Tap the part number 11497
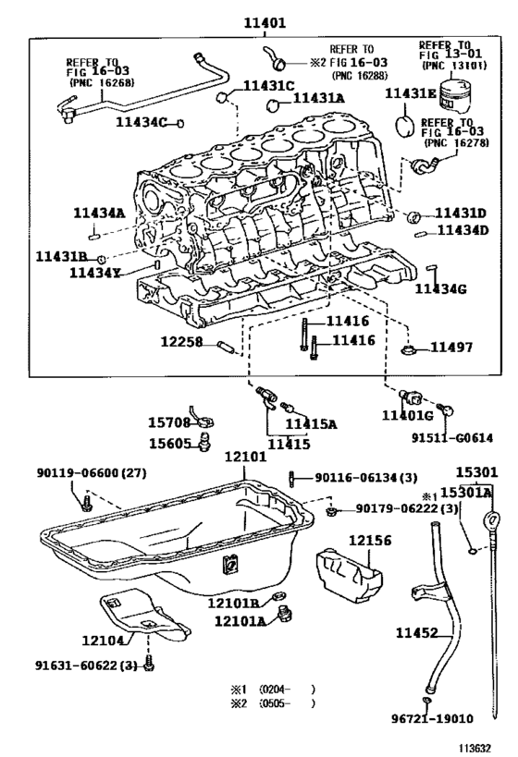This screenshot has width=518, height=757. [x=450, y=348]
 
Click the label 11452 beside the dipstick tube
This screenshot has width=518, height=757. [x=419, y=632]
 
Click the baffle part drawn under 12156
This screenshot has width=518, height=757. [x=350, y=576]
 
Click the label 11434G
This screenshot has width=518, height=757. [x=440, y=289]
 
